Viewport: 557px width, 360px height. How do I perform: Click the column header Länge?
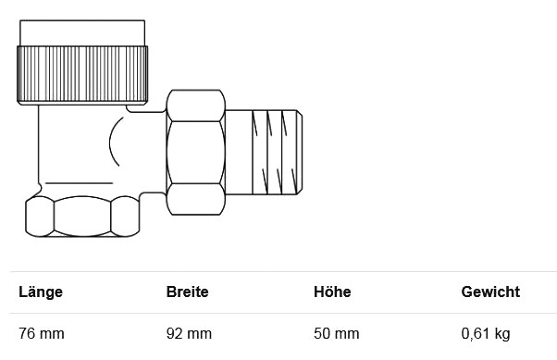tap(41, 292)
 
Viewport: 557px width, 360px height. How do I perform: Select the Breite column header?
tap(187, 292)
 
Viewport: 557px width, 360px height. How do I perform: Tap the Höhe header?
tap(332, 292)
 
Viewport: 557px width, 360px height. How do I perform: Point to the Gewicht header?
tap(490, 292)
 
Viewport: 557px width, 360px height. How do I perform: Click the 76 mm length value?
tap(42, 334)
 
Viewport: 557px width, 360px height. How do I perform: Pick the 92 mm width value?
tap(189, 334)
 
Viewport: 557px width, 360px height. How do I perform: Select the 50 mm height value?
tap(337, 334)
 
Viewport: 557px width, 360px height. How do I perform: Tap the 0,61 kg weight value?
tap(486, 334)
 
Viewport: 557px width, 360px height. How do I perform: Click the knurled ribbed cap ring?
tap(82, 73)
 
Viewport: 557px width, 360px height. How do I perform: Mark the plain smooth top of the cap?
tap(82, 33)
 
